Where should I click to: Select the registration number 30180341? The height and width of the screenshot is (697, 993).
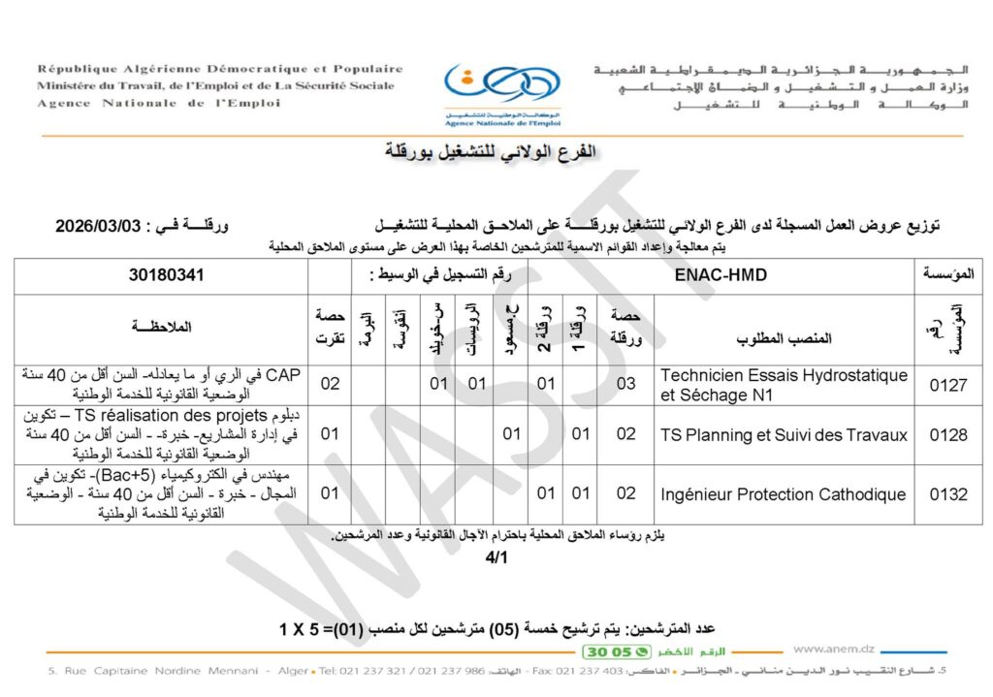tap(167, 275)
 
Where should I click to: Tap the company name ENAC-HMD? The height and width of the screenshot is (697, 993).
tap(721, 275)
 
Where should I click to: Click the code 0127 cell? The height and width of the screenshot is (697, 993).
tap(947, 385)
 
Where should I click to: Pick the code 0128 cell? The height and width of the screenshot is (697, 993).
tap(947, 434)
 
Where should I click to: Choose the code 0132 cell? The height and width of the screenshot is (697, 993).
tap(947, 494)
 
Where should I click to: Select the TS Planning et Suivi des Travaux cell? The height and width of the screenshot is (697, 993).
tap(784, 434)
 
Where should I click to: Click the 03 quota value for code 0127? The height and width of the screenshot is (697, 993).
tap(626, 385)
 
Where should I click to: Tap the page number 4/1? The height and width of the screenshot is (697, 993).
tap(496, 558)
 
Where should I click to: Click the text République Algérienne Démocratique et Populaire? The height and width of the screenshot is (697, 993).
tap(220, 69)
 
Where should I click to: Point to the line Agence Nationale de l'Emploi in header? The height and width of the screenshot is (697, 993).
tap(160, 104)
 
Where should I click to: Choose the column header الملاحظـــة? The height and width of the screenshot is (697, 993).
tap(163, 327)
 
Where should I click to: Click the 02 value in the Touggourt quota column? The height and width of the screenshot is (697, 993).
tap(330, 385)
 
